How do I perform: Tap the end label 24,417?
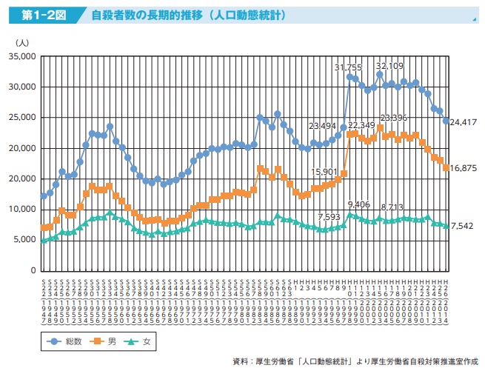click(x=464, y=122)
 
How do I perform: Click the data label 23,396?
click(x=394, y=118)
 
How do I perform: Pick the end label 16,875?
click(x=464, y=168)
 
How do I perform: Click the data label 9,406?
click(x=359, y=204)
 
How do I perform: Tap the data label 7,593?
click(x=329, y=217)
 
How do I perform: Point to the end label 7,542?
click(x=464, y=226)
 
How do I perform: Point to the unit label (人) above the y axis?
click(x=22, y=44)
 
